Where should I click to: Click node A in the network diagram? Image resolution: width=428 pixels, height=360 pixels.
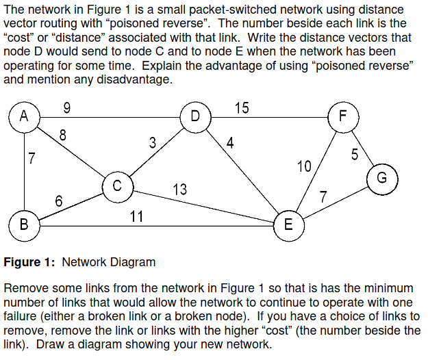coord(25,116)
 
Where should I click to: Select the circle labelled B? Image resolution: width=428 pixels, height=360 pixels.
coord(25,224)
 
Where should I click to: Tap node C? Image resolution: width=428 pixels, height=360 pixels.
coord(117,185)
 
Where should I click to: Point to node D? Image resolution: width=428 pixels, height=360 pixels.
coord(196,116)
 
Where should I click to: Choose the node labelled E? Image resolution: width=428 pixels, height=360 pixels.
coord(288,224)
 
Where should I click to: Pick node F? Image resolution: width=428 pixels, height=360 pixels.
coord(343,116)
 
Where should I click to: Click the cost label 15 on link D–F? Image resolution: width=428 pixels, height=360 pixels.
coord(242,107)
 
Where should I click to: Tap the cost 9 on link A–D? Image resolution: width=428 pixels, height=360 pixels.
coord(65,107)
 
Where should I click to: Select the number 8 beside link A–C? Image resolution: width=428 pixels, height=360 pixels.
coord(63,135)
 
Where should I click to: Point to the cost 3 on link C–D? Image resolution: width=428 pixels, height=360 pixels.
coord(153,143)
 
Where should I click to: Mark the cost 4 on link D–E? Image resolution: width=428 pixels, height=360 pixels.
coord(230,143)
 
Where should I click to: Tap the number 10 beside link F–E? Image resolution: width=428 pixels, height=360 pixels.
coord(304,165)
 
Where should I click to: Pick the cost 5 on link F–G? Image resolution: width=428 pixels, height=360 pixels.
coord(355,154)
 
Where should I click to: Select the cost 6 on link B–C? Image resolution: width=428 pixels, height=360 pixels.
coord(59,201)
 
